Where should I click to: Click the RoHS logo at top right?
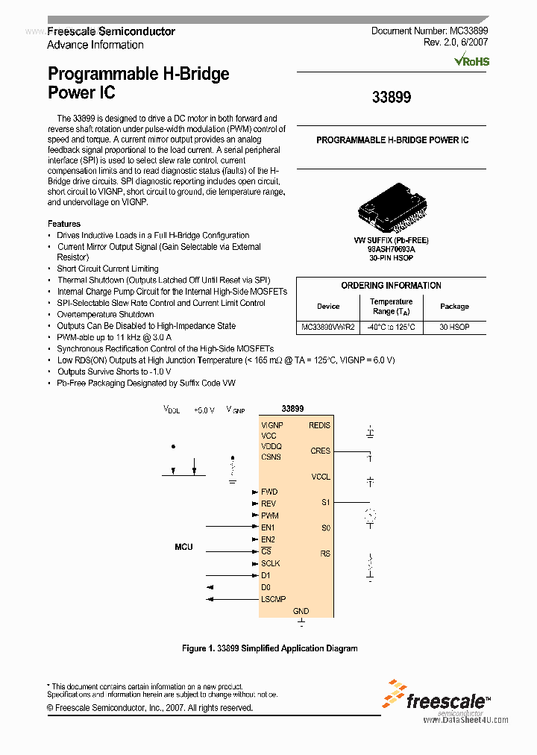pos(472,61)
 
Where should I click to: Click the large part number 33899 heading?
pos(391,98)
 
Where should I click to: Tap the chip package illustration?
pos(391,212)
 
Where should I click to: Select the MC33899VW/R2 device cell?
pos(328,328)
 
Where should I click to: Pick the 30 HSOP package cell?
pos(454,328)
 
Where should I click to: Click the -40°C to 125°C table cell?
pos(392,328)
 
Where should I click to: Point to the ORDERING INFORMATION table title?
pos(391,286)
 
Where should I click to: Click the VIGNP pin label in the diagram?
pos(272,425)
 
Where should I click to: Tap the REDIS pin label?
pos(319,425)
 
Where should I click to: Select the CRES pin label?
pos(320,451)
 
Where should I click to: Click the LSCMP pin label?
pos(273,599)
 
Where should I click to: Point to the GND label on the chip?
pos(301,611)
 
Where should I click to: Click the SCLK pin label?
pos(271,563)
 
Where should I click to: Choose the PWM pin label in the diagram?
pos(269,516)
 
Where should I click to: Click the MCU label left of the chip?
pos(183,547)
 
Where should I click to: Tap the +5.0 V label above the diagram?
pos(204,410)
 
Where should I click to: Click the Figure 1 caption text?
pos(269,648)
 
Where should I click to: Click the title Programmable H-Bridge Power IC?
pos(139,83)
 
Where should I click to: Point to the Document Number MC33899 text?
pos(429,31)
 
